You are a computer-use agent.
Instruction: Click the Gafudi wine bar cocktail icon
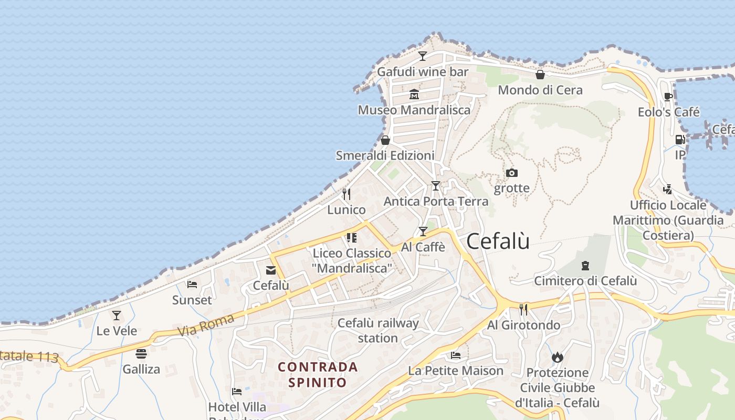click(423, 56)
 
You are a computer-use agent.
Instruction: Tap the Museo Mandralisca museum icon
click(414, 94)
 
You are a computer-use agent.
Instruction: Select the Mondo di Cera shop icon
click(540, 75)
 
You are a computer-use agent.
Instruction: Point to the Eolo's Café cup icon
click(668, 97)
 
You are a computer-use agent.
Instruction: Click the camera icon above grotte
click(511, 173)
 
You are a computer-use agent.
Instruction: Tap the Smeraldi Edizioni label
click(385, 155)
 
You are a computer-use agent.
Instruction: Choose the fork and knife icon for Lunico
click(346, 194)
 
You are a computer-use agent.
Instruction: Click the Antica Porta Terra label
click(436, 201)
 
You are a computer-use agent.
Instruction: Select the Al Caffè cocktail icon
click(423, 232)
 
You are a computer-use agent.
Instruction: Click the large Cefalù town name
click(498, 241)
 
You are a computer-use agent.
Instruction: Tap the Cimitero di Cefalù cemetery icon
click(585, 266)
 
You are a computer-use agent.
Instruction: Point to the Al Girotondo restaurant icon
click(523, 309)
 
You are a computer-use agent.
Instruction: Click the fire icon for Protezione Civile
click(557, 357)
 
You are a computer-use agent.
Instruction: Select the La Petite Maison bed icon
click(456, 355)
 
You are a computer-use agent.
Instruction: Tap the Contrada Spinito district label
click(318, 374)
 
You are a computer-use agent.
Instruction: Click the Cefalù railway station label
click(378, 330)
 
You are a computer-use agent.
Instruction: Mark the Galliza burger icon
click(141, 353)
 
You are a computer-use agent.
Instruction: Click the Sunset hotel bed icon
click(192, 285)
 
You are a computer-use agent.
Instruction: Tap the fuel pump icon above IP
click(680, 140)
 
